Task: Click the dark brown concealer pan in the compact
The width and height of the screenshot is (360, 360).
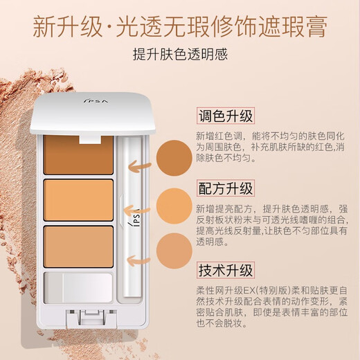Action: (80, 156)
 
